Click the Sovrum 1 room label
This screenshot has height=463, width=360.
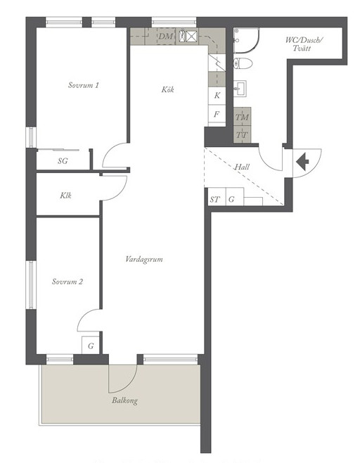point(84,85)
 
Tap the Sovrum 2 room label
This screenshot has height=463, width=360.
point(67,281)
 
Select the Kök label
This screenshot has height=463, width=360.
point(167,89)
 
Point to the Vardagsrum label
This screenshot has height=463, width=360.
point(144,259)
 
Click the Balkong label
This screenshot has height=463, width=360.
point(124,400)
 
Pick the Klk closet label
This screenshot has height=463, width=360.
point(65,195)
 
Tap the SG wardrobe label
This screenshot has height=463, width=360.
point(63,161)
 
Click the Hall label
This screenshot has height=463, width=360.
point(242,167)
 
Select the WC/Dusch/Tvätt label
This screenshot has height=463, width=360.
point(304,44)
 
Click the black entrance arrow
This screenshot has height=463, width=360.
point(302,162)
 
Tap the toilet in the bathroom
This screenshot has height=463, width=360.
point(243,63)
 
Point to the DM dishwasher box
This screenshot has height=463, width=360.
point(166,37)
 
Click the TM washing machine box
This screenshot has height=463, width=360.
point(243,117)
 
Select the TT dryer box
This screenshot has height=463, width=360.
point(243,135)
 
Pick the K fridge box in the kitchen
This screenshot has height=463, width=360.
point(217,96)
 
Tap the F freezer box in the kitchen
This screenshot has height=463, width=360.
point(217,114)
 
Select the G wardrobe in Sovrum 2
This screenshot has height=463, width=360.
point(91,345)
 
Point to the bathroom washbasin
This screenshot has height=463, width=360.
point(240,88)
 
